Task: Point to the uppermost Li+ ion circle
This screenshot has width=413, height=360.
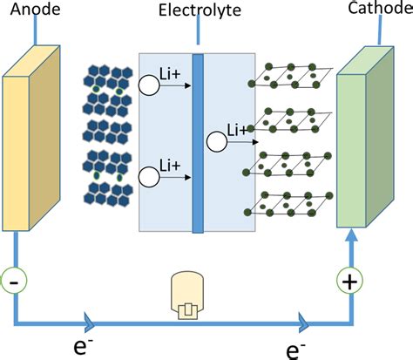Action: tap(149, 84)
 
